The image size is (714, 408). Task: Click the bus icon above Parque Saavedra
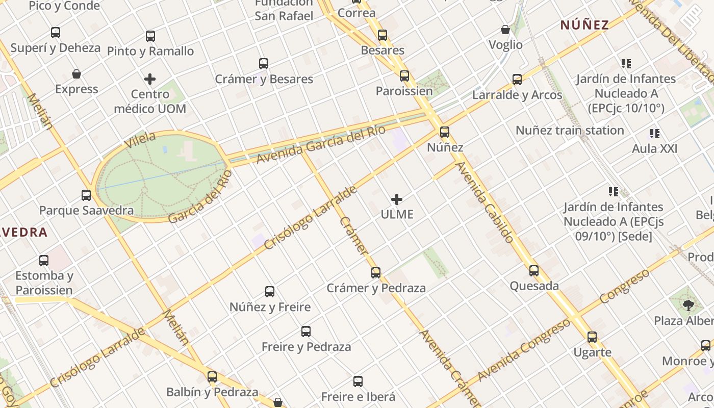point(86,195)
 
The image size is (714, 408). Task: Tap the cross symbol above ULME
point(397,199)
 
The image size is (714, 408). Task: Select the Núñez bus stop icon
point(445,132)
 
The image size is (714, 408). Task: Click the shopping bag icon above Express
point(76,74)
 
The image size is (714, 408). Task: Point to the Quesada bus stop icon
point(534,271)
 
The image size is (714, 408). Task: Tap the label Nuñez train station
point(570,131)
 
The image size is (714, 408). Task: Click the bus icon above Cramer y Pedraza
point(376,273)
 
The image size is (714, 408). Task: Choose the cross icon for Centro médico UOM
point(150,79)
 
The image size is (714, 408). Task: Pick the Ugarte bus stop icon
point(592,337)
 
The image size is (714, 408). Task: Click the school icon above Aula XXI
point(655,134)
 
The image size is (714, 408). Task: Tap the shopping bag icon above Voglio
point(505,30)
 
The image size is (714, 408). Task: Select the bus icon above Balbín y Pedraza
point(212,377)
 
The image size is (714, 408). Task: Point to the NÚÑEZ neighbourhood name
point(584,25)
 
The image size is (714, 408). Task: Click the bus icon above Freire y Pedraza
point(306,331)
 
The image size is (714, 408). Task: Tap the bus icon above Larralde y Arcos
point(517,80)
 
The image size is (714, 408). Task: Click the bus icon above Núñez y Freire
point(270,292)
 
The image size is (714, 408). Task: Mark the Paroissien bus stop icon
point(404,76)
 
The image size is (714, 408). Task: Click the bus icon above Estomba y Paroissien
point(44,261)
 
